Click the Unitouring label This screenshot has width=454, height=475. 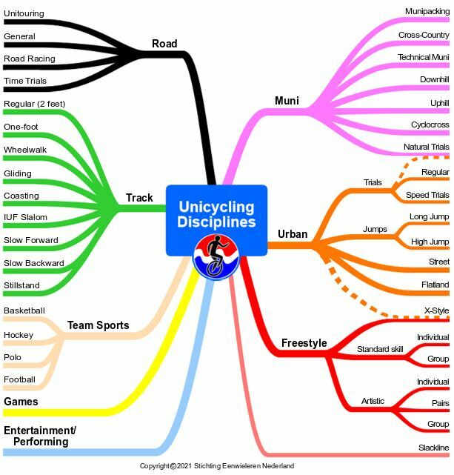click(24, 14)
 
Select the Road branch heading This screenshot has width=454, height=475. click(164, 44)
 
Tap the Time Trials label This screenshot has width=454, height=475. click(24, 81)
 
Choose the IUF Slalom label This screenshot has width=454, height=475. click(25, 217)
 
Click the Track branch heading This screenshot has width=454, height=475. click(139, 198)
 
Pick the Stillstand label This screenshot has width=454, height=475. click(21, 285)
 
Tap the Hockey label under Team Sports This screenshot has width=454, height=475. click(19, 335)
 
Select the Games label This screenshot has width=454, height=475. click(21, 402)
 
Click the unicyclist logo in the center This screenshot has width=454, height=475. click(216, 258)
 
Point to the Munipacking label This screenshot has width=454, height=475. click(427, 11)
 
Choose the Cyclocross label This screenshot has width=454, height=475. click(430, 124)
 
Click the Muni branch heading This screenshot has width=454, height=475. click(287, 101)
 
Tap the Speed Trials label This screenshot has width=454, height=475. click(427, 195)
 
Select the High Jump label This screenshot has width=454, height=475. click(430, 242)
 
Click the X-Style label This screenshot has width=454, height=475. click(436, 310)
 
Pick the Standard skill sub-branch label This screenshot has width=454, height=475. click(381, 349)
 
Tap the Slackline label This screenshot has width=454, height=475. click(433, 448)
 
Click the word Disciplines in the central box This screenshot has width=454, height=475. click(217, 222)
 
